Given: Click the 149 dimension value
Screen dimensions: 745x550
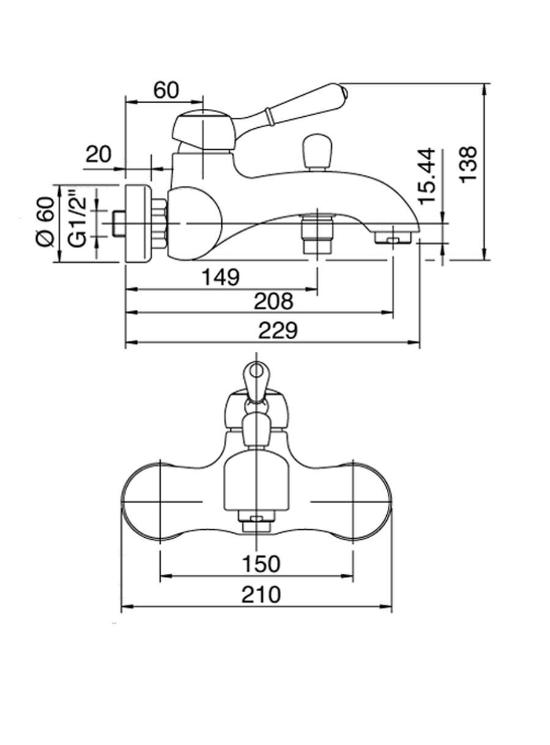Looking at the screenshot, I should pos(221,277).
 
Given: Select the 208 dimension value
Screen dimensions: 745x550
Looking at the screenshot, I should pos(274,301).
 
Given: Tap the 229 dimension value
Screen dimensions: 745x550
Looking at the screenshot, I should pos(278,331).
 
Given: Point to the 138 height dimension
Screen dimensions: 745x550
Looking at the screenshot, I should pos(468,164).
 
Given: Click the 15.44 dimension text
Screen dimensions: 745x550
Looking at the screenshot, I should pos(427,176).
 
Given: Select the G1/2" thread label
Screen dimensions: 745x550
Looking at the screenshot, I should pos(76,219).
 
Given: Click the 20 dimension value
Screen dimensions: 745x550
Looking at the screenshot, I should pos(98,155).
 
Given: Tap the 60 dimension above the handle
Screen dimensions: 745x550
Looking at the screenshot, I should pos(166,90).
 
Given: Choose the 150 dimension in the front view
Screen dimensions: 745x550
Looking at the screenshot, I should pos(260,563).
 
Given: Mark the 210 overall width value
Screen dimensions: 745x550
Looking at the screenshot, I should pos(261,594).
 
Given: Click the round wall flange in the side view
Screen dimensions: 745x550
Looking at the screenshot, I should pos(138,224).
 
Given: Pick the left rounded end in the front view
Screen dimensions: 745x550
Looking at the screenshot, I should pos(144,502).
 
